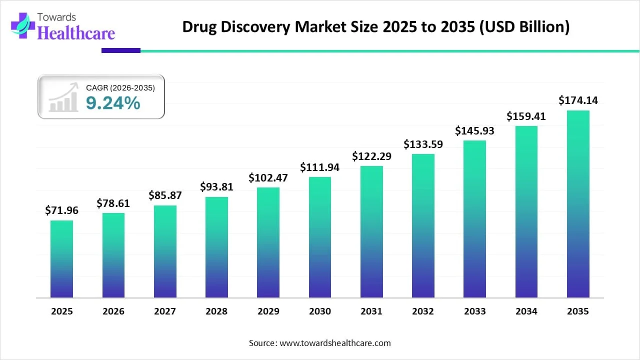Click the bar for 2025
click(61, 259)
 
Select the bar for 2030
click(319, 237)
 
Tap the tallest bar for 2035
click(578, 204)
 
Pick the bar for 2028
click(216, 247)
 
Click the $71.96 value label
click(61, 210)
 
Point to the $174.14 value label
click(578, 100)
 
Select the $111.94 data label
click(319, 167)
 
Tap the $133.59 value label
click(423, 144)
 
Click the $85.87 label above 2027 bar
click(165, 195)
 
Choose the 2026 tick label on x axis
click(113, 311)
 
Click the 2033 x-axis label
click(474, 311)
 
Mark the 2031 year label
click(371, 311)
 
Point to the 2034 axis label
click(526, 311)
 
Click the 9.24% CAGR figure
click(113, 103)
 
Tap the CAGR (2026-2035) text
click(120, 88)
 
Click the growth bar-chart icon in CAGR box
click(63, 97)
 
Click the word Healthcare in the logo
click(76, 33)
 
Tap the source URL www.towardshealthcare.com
click(335, 343)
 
